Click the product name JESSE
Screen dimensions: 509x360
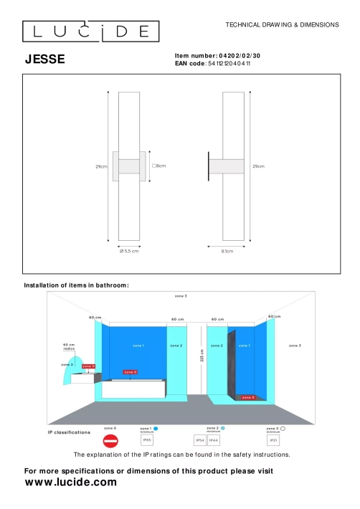click(x=44, y=60)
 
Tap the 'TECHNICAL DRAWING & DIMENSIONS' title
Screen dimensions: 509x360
click(x=282, y=24)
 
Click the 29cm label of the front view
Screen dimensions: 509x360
click(x=101, y=166)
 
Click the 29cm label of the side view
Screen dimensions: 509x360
click(x=259, y=166)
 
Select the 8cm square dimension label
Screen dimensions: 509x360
click(x=158, y=166)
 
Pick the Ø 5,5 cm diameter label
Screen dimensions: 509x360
click(x=129, y=251)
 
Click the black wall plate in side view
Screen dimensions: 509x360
click(x=209, y=166)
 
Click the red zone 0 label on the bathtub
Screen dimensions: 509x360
click(x=130, y=372)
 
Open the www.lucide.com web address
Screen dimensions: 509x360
click(x=70, y=482)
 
